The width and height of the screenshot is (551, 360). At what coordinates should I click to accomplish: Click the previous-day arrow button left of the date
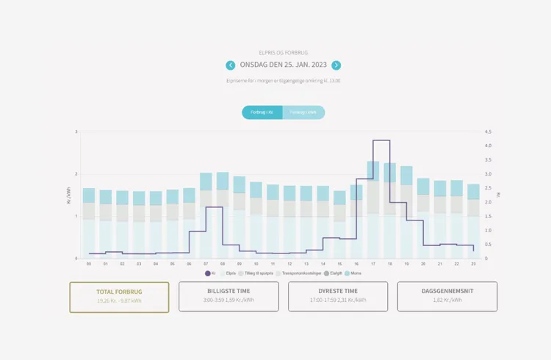pyautogui.click(x=231, y=65)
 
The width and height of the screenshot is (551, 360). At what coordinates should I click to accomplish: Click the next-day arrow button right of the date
pyautogui.click(x=336, y=65)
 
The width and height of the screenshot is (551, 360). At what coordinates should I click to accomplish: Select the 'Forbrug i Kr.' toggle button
pyautogui.click(x=262, y=112)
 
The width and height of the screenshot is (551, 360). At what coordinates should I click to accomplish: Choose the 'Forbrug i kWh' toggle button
pyautogui.click(x=303, y=112)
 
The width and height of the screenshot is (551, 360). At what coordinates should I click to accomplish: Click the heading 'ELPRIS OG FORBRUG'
pyautogui.click(x=283, y=53)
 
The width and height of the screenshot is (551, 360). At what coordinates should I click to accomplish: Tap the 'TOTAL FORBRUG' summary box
pyautogui.click(x=119, y=297)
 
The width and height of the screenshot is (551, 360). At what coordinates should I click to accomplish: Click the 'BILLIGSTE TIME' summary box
pyautogui.click(x=228, y=296)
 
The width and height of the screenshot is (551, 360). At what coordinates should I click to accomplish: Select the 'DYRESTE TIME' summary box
pyautogui.click(x=338, y=296)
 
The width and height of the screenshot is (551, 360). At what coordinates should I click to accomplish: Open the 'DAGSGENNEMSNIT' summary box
pyautogui.click(x=447, y=296)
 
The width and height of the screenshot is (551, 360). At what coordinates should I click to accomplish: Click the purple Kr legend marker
pyautogui.click(x=208, y=273)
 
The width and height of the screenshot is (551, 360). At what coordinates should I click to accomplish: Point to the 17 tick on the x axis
pyautogui.click(x=373, y=263)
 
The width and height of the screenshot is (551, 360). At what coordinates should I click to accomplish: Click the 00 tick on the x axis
pyautogui.click(x=89, y=263)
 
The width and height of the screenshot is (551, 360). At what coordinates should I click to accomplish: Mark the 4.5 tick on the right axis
pyautogui.click(x=489, y=132)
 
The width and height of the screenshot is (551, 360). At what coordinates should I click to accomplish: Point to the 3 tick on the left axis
pyautogui.click(x=76, y=132)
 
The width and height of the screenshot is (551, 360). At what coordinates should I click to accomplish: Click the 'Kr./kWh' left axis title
pyautogui.click(x=70, y=195)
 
